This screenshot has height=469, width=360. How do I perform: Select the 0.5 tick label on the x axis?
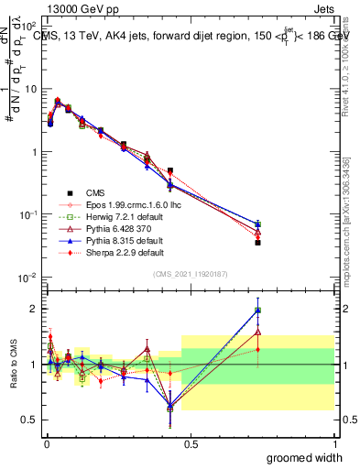point(191,443)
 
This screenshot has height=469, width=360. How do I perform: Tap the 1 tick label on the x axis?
point(334,443)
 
